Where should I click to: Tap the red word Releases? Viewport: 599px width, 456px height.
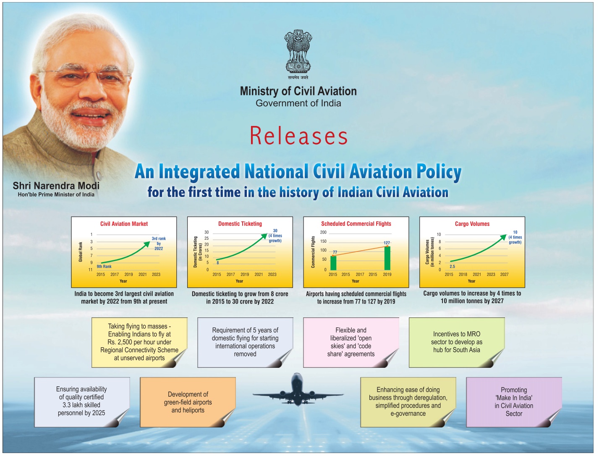click(x=298, y=136)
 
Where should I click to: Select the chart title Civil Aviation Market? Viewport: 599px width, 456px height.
click(x=124, y=224)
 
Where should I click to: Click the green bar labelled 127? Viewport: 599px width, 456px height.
click(x=387, y=258)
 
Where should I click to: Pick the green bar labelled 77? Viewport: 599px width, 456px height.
click(x=333, y=262)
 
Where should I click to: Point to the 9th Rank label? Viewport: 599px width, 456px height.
click(x=104, y=267)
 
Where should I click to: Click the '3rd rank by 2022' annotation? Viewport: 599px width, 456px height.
click(x=159, y=244)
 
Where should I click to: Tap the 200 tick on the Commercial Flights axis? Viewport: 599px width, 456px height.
click(x=323, y=232)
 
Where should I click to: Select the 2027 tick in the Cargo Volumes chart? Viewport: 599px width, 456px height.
click(x=504, y=275)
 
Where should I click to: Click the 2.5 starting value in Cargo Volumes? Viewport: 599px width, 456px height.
click(x=452, y=267)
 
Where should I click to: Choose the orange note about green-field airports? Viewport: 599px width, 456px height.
click(x=188, y=402)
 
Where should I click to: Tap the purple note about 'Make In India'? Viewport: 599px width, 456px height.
click(x=514, y=402)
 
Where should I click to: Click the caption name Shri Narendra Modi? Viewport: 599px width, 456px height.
click(x=56, y=186)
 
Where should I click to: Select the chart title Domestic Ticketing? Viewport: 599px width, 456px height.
click(x=240, y=224)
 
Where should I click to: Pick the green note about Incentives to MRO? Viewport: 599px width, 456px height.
click(x=457, y=342)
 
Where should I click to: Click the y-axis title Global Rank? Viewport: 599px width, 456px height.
click(x=81, y=252)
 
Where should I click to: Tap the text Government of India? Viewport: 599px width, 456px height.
click(x=298, y=103)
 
